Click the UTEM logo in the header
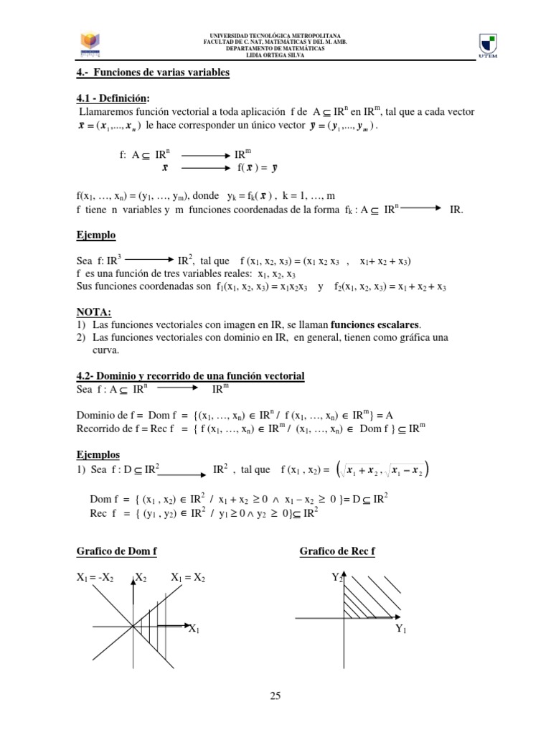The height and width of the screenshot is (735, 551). pyautogui.click(x=490, y=45)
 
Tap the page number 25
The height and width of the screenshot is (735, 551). pyautogui.click(x=275, y=694)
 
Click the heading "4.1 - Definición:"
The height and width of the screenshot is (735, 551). pyautogui.click(x=114, y=98)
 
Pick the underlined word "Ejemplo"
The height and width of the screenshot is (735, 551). pyautogui.click(x=96, y=235)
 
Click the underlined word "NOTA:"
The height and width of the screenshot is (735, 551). pyautogui.click(x=94, y=312)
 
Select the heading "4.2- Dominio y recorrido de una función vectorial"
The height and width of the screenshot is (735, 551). pyautogui.click(x=190, y=376)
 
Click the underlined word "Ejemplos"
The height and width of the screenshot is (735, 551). pyautogui.click(x=98, y=454)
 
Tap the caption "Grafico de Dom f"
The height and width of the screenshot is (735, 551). pyautogui.click(x=116, y=551)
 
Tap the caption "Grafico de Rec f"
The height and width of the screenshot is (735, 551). pyautogui.click(x=337, y=551)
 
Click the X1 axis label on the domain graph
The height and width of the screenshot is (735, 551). pyautogui.click(x=194, y=629)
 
